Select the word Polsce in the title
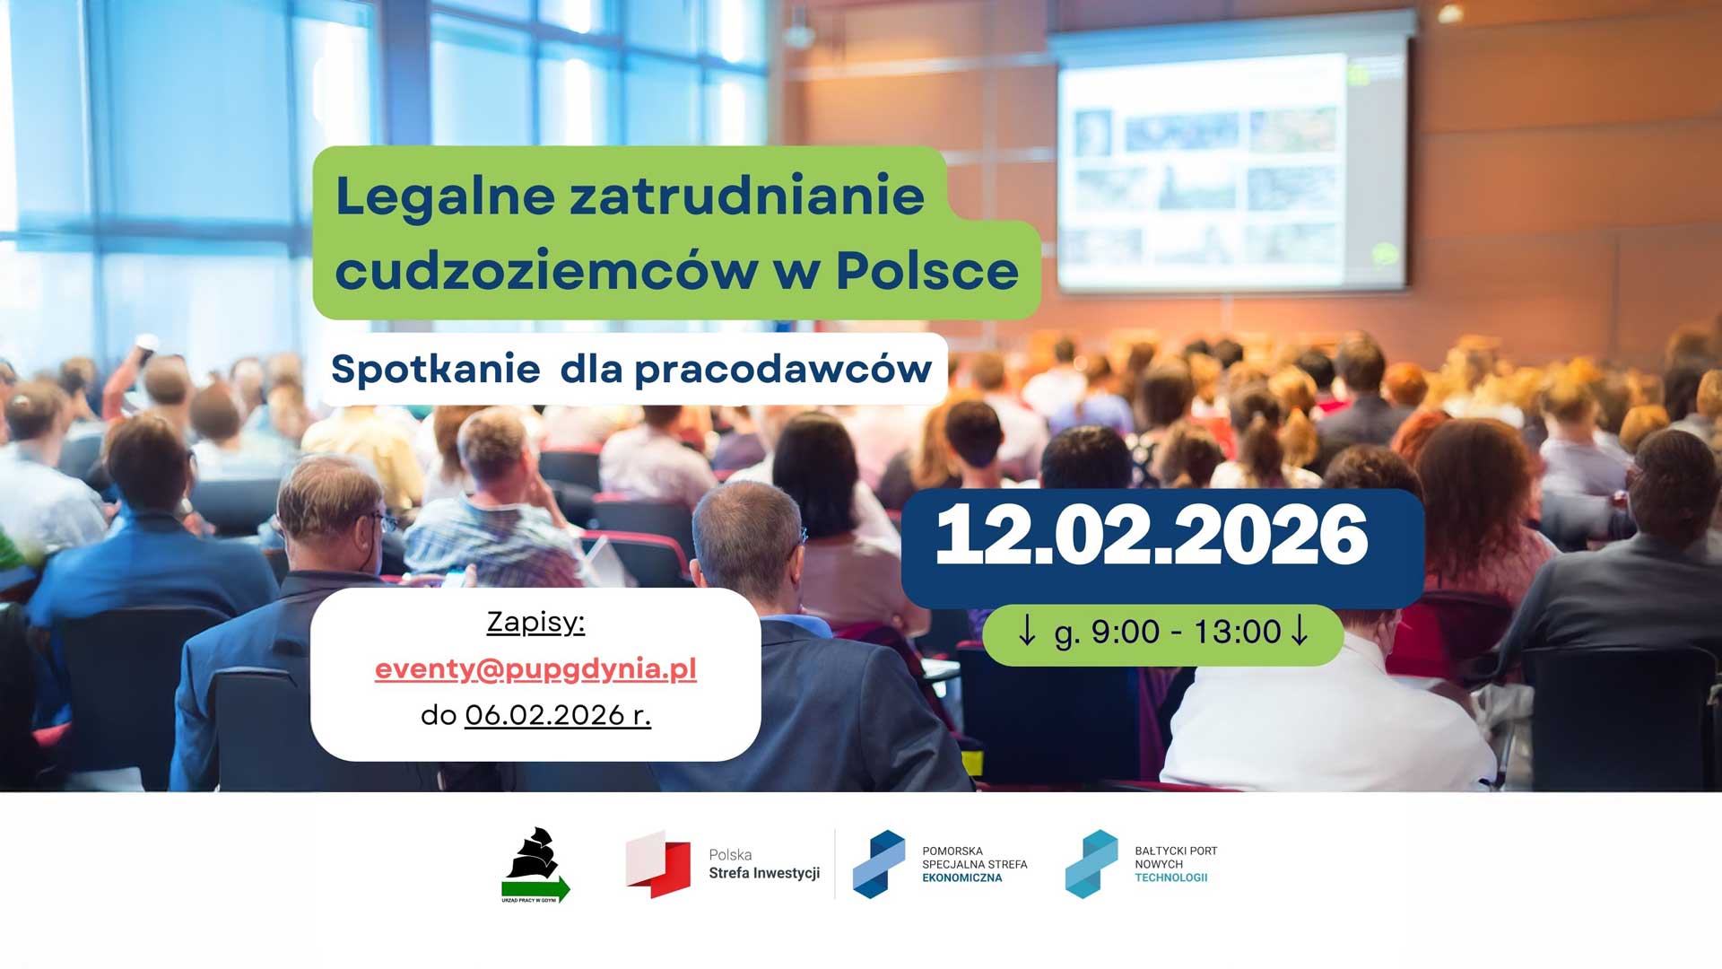coord(927,269)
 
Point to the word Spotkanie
coord(436,369)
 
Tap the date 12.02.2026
coord(1152,535)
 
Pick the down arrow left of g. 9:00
coord(1027,629)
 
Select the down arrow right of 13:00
coord(1299,629)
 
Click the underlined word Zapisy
coord(535,622)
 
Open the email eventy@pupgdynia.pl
coord(535,669)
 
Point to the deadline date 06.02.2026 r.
coord(558,715)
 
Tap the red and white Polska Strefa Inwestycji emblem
coord(658,864)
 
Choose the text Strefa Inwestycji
coord(764,873)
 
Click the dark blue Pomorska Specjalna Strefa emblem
coord(879,864)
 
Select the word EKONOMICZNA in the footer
coord(962,877)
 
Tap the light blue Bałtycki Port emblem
coord(1091,864)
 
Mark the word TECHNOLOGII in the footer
coord(1171,877)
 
